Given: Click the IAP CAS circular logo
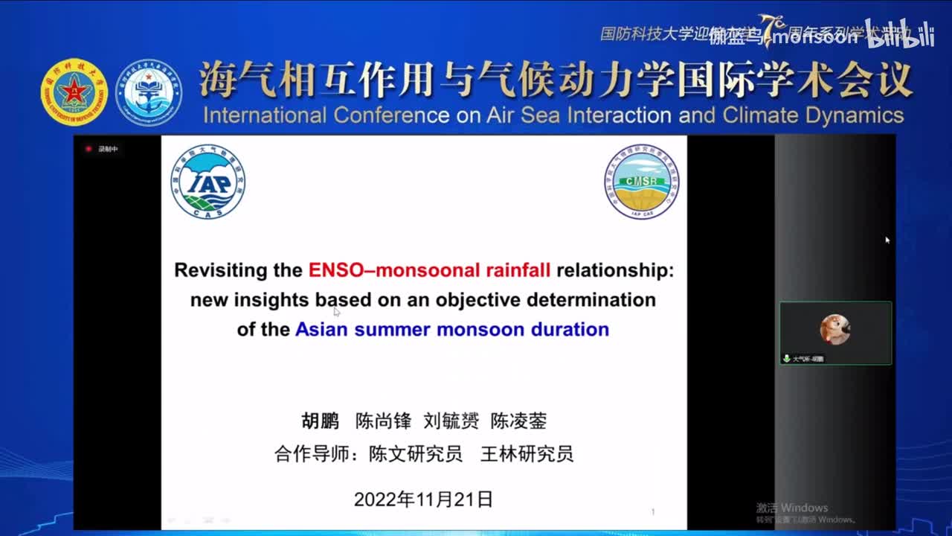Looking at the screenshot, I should [208, 182].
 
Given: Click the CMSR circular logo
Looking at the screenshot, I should [641, 182].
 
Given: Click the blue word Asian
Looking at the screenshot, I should [321, 329].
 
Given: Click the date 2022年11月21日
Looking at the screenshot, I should [423, 499].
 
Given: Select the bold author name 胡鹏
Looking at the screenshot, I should [320, 421].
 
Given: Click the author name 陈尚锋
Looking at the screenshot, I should [383, 421].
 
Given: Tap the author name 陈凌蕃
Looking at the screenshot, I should [518, 421].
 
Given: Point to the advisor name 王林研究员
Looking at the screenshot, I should [527, 453].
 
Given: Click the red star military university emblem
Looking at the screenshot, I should [69, 92].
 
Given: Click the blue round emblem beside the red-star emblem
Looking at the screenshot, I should [149, 92].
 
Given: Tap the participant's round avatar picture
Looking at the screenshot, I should [834, 329].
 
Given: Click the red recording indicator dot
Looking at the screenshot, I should [89, 149].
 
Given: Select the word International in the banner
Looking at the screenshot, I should [264, 115].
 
